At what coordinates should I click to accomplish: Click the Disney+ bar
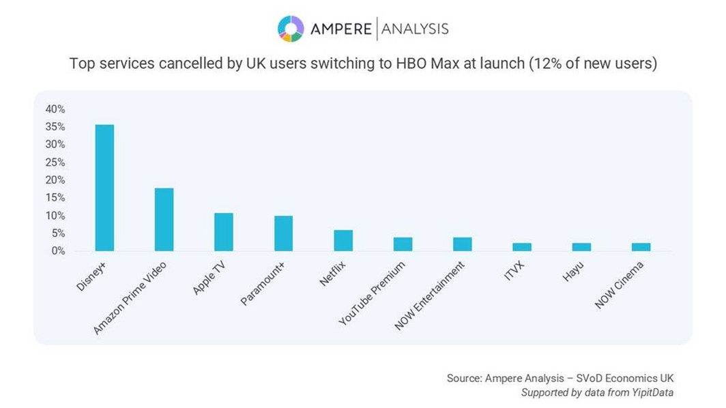click(x=104, y=188)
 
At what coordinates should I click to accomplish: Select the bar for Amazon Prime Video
click(x=164, y=219)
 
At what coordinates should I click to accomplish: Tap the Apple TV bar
click(x=224, y=232)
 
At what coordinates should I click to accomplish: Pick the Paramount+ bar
click(x=283, y=233)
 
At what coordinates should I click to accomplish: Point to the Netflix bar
click(x=343, y=240)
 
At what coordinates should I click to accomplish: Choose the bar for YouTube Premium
click(x=403, y=244)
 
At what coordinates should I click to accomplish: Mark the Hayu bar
click(x=582, y=247)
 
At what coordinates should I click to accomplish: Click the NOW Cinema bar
click(x=641, y=247)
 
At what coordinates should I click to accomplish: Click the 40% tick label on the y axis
click(x=55, y=109)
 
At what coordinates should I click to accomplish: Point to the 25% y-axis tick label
click(x=55, y=162)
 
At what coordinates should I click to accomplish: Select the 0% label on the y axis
click(x=58, y=251)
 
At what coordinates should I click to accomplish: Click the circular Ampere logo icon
click(x=291, y=29)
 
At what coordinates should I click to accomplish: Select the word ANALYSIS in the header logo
click(x=415, y=29)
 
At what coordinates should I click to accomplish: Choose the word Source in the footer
click(x=464, y=378)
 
